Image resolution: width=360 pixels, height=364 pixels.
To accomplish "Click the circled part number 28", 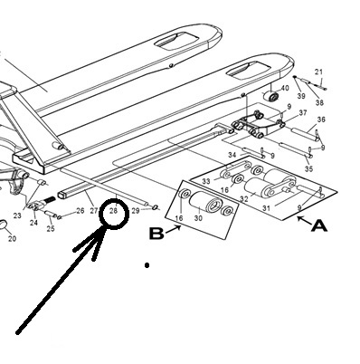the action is coord(113,211).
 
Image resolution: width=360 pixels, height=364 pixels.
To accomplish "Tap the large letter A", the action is coord(319,225).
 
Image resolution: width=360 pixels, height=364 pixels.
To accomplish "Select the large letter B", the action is coord(156,234).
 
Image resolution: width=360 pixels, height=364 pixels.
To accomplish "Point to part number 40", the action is coord(285,88).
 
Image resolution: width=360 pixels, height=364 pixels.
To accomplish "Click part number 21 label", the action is coord(318,72).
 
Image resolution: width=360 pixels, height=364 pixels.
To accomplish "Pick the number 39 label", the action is coord(301,96).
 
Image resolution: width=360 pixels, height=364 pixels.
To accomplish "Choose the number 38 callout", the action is coord(319,102).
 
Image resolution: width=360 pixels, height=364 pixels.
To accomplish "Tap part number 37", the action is coord(303,112).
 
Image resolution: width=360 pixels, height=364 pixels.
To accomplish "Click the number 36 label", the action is coord(321,120).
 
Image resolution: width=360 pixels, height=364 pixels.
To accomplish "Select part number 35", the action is coord(308,168).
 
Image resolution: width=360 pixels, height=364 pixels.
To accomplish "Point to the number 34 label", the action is coord(232,155).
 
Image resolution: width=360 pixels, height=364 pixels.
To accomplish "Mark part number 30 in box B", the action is coord(198,217).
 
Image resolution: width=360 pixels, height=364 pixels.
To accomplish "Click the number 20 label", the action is coord(12,239).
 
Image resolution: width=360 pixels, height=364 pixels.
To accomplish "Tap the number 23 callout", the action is coord(17,216).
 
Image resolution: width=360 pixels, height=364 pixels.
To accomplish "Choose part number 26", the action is coord(80,210).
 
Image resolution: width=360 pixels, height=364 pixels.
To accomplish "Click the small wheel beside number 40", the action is coord(270,97).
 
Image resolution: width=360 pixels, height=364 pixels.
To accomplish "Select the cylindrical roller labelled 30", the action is coord(206,202).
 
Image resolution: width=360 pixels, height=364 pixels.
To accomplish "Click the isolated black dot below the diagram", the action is coord(147,265).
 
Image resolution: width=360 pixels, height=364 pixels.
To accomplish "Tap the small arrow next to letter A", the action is coord(303,220).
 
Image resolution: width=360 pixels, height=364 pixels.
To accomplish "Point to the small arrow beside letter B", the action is coord(174,229).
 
